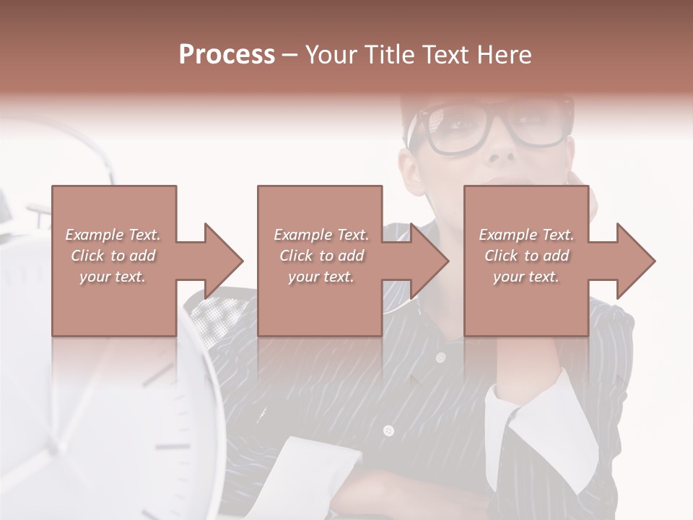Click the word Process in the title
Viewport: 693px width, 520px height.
(x=227, y=55)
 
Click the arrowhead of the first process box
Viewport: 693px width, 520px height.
(x=224, y=261)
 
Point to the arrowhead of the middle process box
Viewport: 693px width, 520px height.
(x=430, y=261)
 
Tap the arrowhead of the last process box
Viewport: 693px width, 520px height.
(x=636, y=261)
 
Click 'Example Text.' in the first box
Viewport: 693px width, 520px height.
(x=113, y=235)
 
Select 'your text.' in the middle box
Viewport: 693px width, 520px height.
(x=321, y=277)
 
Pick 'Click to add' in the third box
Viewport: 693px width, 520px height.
(x=527, y=256)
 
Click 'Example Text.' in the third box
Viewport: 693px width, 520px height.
(x=526, y=235)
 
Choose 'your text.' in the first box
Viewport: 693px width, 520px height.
(x=113, y=277)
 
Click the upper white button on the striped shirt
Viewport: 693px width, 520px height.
(x=440, y=357)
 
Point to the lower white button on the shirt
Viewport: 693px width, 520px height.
(x=388, y=431)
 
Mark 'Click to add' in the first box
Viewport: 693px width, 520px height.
(x=113, y=256)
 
